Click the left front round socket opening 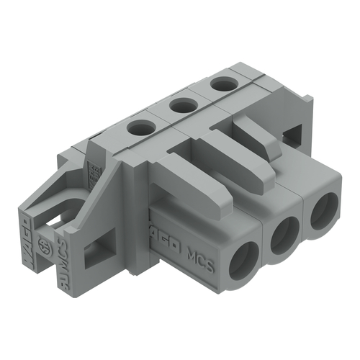pyautogui.click(x=243, y=261)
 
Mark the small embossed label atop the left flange pyautogui.click(x=93, y=173)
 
